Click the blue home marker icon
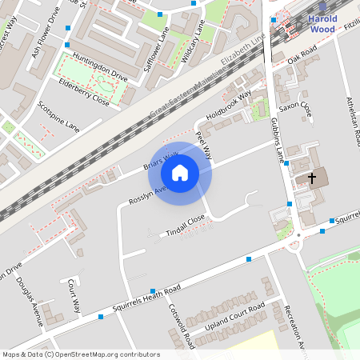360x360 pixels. (180, 173)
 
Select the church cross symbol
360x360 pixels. (312, 178)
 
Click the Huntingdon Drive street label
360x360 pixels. (99, 67)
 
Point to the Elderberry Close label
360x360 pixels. (83, 93)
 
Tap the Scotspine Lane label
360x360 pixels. (59, 118)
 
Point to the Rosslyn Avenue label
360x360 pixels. (147, 195)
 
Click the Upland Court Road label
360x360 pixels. (234, 318)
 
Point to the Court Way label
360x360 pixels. (74, 294)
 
